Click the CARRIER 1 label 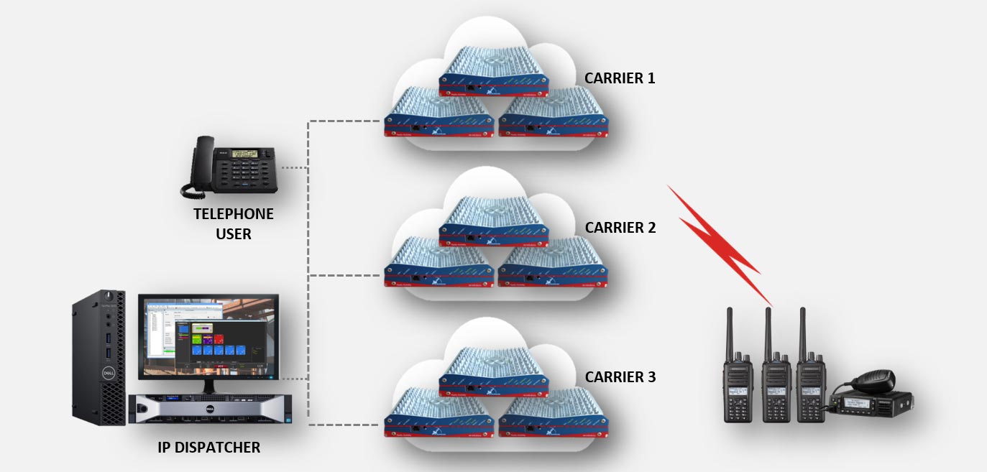(x=620, y=78)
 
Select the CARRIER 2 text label (x=620, y=228)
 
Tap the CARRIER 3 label (x=620, y=376)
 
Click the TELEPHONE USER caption (x=234, y=223)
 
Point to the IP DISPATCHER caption (x=208, y=448)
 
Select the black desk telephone (x=230, y=169)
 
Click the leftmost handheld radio (x=738, y=388)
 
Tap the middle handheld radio (x=776, y=388)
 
